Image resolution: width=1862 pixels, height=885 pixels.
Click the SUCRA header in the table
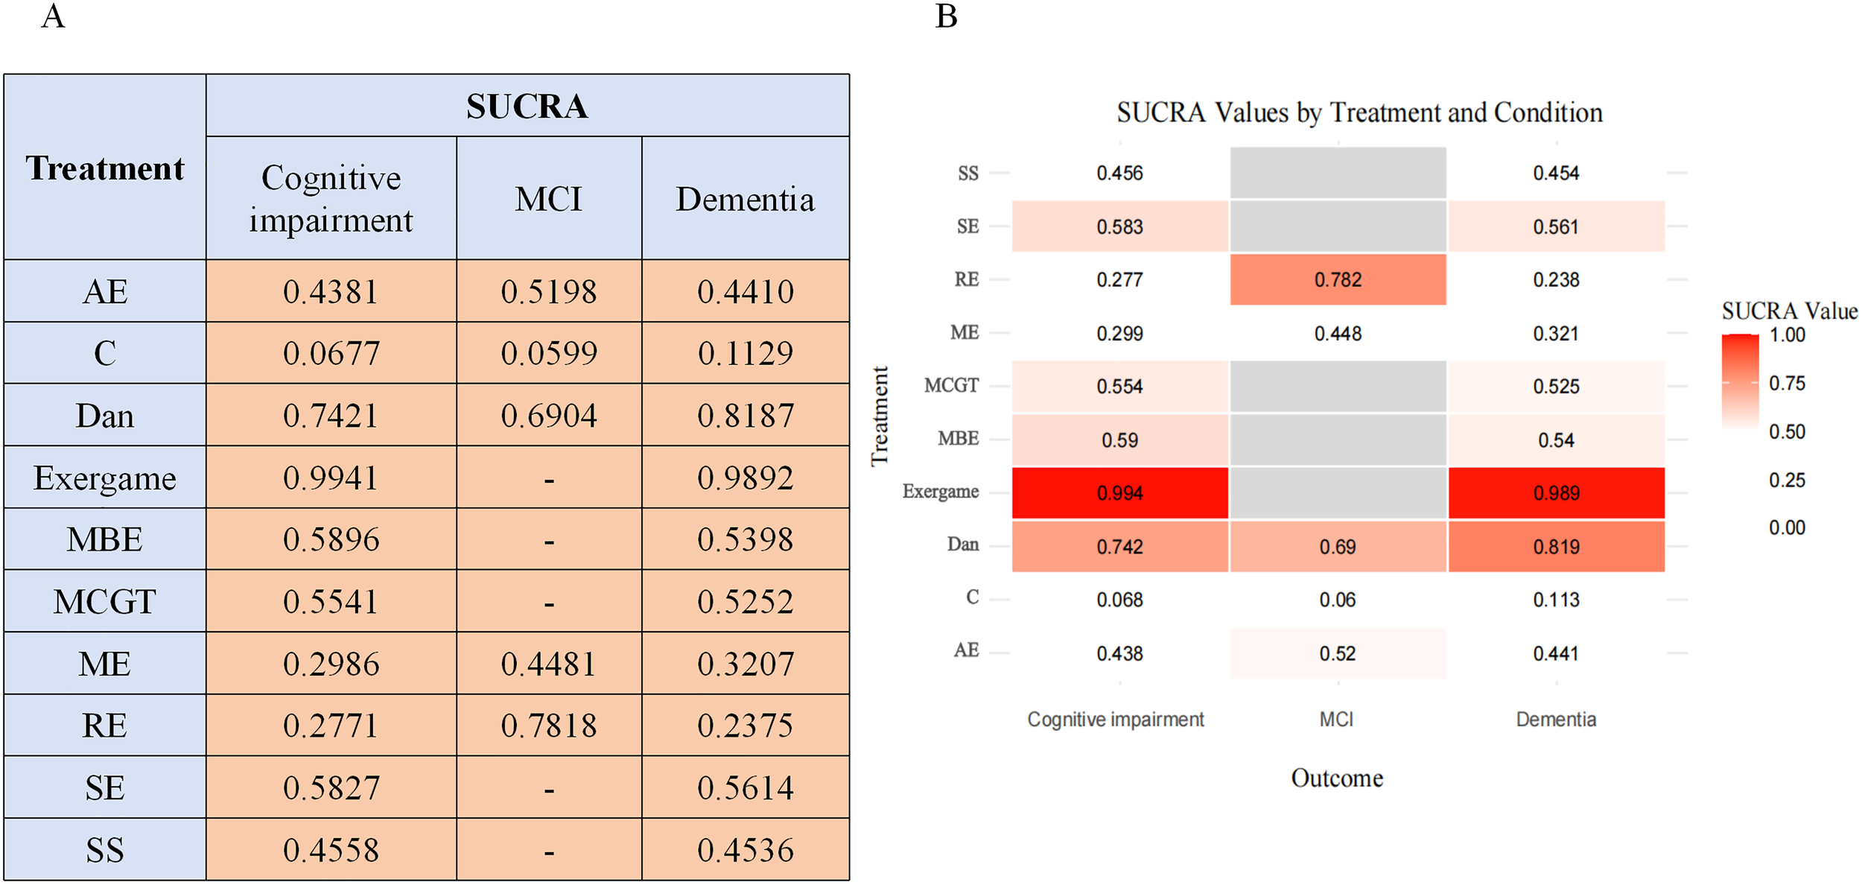527,106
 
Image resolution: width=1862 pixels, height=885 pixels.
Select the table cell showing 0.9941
331,478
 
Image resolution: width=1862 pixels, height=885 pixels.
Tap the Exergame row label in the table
104,478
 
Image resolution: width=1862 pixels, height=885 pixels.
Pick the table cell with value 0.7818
549,726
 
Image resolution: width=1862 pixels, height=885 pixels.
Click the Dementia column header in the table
745,199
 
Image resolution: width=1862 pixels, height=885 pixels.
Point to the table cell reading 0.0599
549,353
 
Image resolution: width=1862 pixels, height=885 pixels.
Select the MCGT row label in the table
104,601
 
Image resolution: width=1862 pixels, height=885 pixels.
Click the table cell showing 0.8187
745,416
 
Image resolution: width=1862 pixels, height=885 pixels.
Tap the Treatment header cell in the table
104,168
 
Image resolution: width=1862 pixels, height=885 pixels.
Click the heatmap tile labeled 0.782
1338,280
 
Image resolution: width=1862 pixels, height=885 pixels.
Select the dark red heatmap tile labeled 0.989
1556,493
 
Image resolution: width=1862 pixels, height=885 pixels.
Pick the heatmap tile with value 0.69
1338,547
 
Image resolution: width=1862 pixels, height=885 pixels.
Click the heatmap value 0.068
1119,600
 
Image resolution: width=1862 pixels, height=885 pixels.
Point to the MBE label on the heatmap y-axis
958,439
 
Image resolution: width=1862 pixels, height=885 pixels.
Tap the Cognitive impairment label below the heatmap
1115,720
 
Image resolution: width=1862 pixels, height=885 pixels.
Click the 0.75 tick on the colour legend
1787,384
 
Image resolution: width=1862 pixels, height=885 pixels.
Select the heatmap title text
1359,112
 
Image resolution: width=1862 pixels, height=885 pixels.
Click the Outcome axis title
1337,778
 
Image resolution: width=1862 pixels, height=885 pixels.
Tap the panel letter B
946,16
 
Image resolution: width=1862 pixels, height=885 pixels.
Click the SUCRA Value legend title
1789,311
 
